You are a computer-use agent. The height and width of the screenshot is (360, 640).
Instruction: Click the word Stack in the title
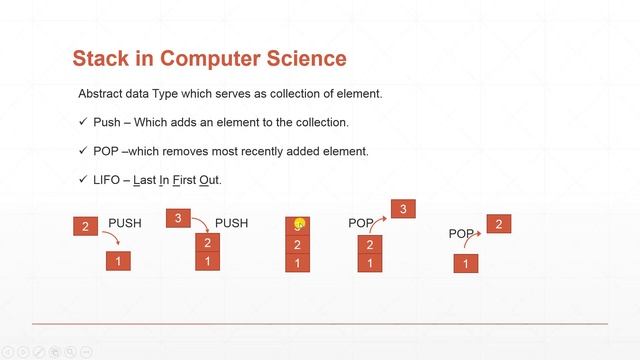(101, 59)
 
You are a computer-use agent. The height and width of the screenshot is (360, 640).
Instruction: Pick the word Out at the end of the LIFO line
(208, 179)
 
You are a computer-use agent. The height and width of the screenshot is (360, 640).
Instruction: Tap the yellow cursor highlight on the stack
(298, 226)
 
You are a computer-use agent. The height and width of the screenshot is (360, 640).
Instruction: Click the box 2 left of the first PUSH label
(86, 227)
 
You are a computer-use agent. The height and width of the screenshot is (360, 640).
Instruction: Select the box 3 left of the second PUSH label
(177, 218)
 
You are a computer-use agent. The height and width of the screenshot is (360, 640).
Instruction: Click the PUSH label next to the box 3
(231, 223)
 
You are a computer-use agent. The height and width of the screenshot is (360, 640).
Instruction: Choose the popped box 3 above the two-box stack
(402, 209)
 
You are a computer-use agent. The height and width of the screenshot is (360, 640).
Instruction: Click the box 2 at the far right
(498, 224)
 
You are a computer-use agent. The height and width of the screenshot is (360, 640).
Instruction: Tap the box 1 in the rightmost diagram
(465, 264)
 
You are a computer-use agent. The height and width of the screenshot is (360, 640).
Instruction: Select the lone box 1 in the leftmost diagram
(118, 262)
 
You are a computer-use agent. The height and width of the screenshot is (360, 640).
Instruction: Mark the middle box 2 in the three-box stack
(298, 245)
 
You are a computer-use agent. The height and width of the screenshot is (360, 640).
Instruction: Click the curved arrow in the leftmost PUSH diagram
(112, 240)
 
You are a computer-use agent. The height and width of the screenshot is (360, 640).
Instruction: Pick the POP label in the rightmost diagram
(461, 234)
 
